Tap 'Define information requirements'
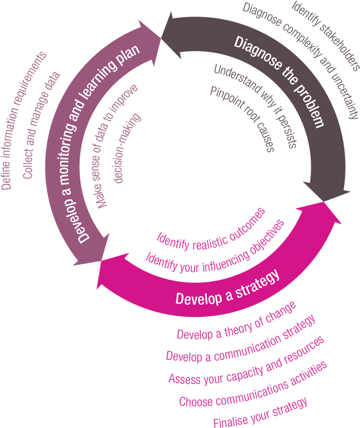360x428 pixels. (24, 121)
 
